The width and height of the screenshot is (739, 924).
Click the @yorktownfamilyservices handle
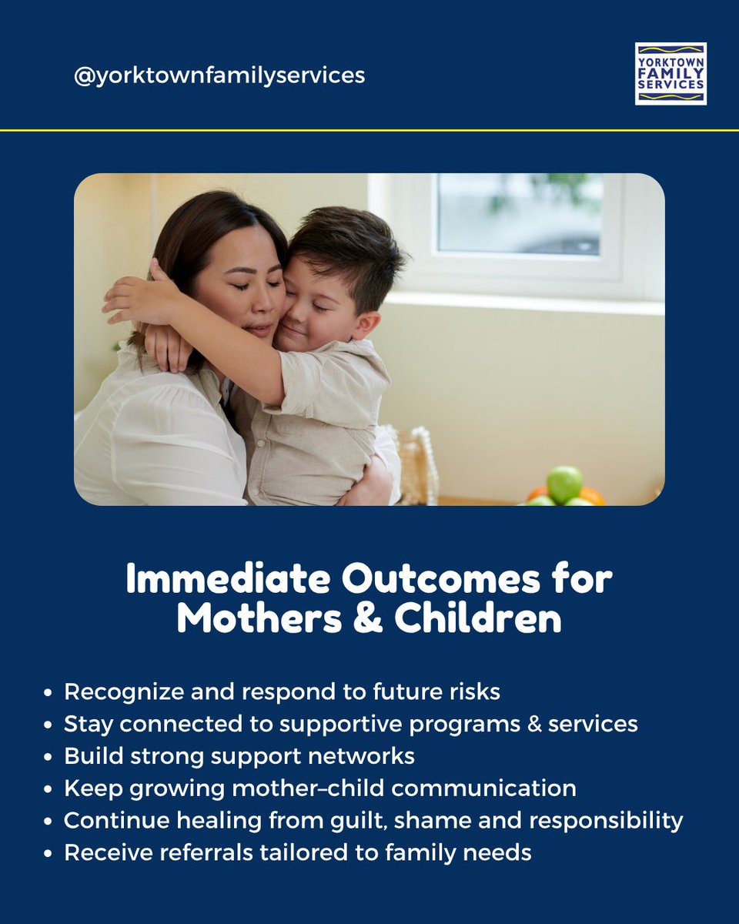[219, 76]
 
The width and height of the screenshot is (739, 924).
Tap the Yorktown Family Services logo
[670, 74]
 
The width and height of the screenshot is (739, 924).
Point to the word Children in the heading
[478, 621]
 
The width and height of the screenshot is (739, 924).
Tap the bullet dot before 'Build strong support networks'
[48, 757]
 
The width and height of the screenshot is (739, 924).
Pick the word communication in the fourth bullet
[488, 788]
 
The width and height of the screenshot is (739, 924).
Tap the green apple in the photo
[564, 484]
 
